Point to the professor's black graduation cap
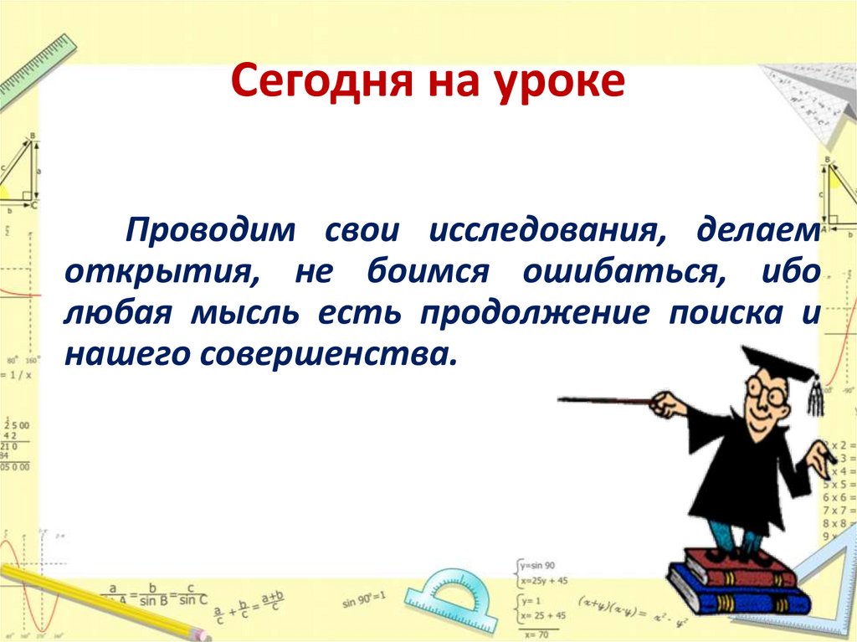[774, 364]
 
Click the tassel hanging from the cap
[814, 398]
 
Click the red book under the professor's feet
[741, 569]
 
